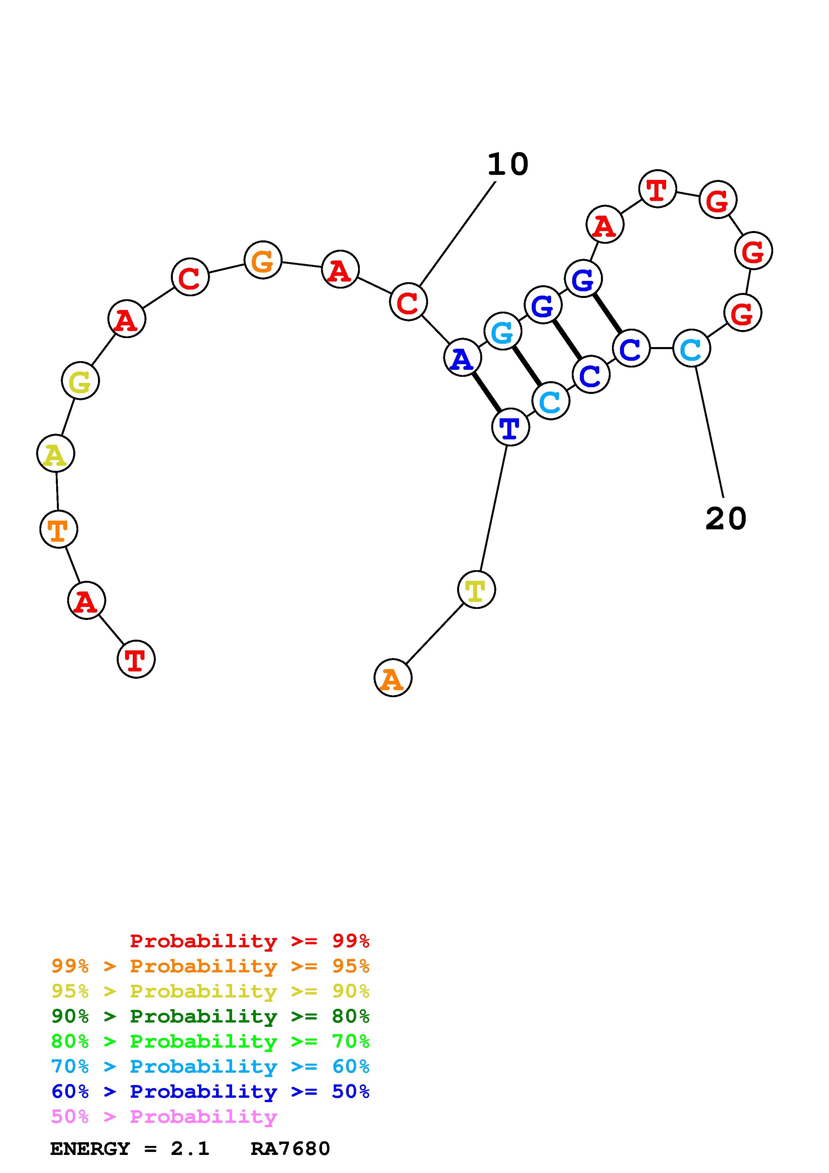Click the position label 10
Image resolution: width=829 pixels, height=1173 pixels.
click(x=507, y=165)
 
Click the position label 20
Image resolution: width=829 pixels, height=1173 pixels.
click(x=725, y=519)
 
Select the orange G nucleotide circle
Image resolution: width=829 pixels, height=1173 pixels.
click(x=263, y=260)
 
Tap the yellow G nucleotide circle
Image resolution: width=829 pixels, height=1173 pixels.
click(x=80, y=381)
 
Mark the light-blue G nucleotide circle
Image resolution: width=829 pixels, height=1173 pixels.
click(x=503, y=332)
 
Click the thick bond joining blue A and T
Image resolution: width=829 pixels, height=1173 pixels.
click(x=486, y=392)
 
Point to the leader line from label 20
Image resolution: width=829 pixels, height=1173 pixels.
click(x=710, y=432)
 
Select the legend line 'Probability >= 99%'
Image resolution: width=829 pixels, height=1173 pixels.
click(x=249, y=941)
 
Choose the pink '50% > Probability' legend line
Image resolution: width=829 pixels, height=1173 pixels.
click(x=164, y=1117)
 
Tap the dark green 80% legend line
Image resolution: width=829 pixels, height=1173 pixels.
click(x=210, y=1017)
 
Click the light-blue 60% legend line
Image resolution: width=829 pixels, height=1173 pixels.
click(x=210, y=1067)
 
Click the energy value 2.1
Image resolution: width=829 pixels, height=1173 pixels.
click(x=190, y=1149)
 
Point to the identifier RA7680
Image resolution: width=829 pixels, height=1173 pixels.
click(x=290, y=1149)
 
